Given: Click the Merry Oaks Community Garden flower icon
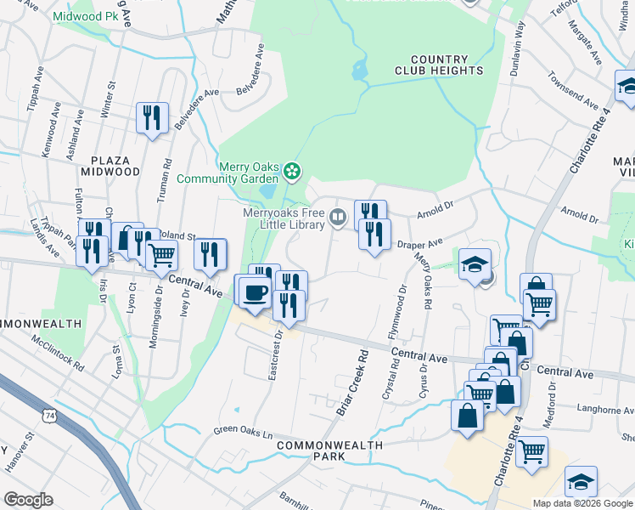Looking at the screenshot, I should pos(292,171).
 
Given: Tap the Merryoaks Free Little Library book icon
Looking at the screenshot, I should pos(338,218).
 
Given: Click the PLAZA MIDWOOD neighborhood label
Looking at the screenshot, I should pos(110,166).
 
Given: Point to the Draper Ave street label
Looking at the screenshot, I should pos(420,244).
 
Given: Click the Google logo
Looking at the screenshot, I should pos(28,500).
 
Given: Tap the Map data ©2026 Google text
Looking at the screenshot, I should pos(582,503).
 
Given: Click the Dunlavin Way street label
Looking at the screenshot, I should pos(517,60).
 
